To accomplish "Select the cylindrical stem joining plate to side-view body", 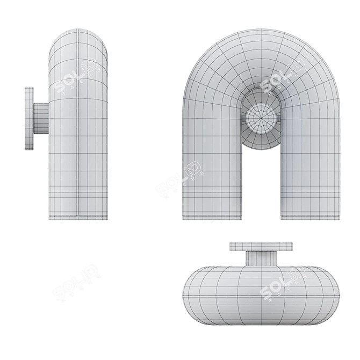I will [x=41, y=118].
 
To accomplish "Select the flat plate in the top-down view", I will [x=262, y=247].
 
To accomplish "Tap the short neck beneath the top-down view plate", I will [x=262, y=258].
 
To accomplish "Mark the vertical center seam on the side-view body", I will [x=78, y=134].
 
